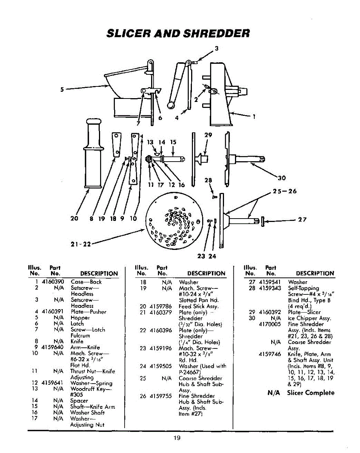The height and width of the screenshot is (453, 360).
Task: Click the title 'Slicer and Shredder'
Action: pos(178,33)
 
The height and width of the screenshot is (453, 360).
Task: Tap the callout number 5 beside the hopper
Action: pos(62,89)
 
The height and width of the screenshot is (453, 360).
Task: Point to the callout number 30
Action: pos(282,179)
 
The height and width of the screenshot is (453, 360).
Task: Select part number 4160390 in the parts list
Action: pos(54,282)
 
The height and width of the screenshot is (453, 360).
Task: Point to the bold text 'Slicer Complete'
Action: pos(311,393)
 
